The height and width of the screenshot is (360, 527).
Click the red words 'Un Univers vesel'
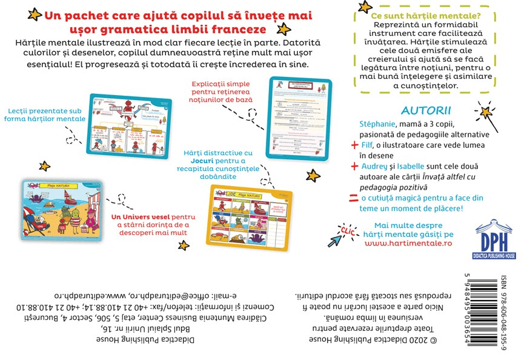pos(141,216)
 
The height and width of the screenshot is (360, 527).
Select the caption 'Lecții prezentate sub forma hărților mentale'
pos(47,115)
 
